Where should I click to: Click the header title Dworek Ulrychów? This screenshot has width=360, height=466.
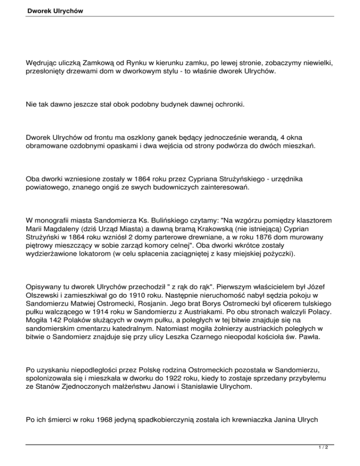click(x=52, y=10)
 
